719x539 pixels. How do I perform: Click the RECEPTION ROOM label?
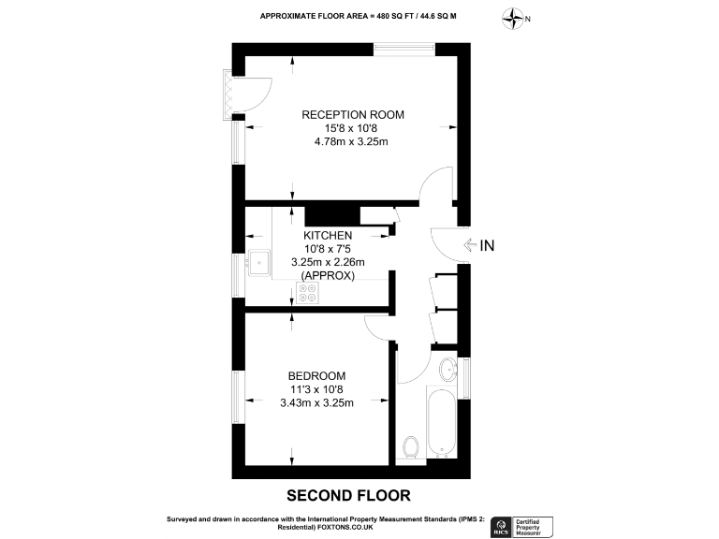[352, 114]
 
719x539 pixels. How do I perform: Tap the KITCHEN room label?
[327, 235]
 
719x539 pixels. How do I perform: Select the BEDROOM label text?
[316, 375]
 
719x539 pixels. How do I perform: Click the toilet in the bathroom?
[410, 448]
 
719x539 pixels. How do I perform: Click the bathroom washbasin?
[448, 368]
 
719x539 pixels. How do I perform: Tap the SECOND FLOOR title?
[348, 494]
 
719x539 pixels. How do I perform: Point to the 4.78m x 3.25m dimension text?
[351, 142]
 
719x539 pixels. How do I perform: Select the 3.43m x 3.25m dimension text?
[316, 403]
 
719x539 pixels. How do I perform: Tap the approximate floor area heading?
[359, 16]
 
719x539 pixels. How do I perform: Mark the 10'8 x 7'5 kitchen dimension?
[327, 249]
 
